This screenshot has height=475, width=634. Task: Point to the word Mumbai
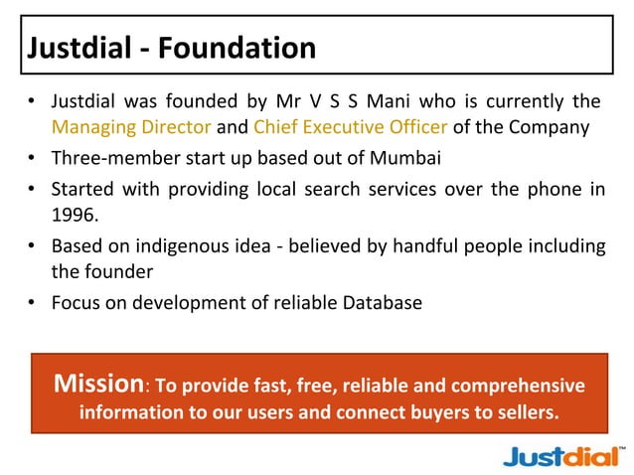coord(404,157)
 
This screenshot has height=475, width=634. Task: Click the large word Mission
coord(97,384)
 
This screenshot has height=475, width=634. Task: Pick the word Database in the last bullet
coord(383,302)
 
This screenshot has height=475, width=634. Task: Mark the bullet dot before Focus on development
coord(33,303)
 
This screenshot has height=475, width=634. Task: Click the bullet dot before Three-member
coord(33,158)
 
